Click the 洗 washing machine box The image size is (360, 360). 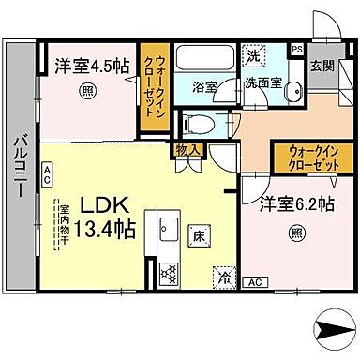click(252, 55)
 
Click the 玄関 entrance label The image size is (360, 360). click(322, 65)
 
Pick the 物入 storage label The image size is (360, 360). click(184, 148)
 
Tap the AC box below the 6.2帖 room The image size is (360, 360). click(254, 281)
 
